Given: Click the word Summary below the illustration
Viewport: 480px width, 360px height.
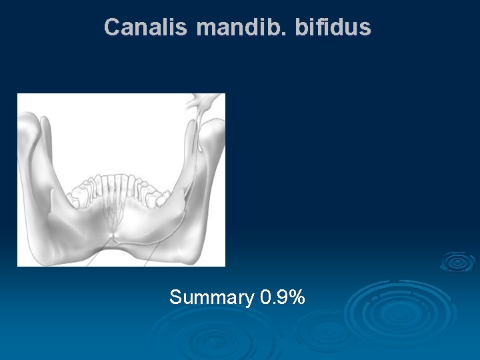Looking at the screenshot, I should click(x=211, y=297).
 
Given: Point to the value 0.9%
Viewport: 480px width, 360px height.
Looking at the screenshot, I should click(x=283, y=297).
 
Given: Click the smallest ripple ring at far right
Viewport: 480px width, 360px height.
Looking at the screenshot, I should click(x=457, y=261).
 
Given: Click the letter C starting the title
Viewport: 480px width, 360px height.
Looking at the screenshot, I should click(x=112, y=27).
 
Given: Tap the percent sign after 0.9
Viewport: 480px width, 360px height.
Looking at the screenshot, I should click(x=297, y=297).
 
